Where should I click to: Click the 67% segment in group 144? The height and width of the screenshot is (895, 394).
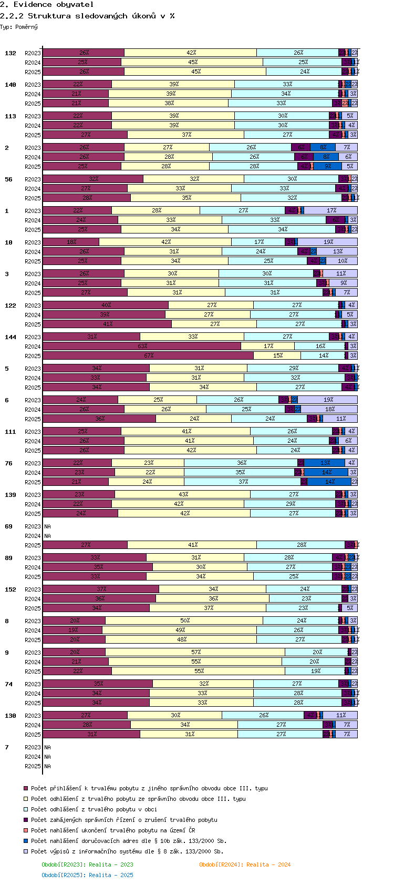148,356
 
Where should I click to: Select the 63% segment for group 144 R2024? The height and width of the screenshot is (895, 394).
142,347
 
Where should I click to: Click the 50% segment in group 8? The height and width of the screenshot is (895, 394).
184,621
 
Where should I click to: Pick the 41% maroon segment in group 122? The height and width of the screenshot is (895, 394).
107,324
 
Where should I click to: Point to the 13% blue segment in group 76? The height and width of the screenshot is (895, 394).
326,463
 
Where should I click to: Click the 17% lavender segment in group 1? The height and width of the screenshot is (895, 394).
331,211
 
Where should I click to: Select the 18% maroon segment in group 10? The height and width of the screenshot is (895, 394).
71,242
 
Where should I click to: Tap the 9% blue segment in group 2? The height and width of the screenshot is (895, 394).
328,167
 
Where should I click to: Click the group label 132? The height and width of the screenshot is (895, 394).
11,53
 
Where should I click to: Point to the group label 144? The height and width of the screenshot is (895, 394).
11,337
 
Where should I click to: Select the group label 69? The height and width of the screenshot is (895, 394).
8,526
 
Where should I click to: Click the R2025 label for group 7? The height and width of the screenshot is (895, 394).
33,766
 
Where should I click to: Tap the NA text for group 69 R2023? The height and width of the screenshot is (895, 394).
47,526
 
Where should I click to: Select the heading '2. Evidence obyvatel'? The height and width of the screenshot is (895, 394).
47,4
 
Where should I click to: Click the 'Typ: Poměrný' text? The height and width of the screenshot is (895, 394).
19,27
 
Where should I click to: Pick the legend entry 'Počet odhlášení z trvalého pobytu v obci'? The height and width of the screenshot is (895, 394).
94,809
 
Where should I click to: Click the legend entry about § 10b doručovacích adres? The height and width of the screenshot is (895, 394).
128,841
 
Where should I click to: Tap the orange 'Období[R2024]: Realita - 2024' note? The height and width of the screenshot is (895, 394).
245,865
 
